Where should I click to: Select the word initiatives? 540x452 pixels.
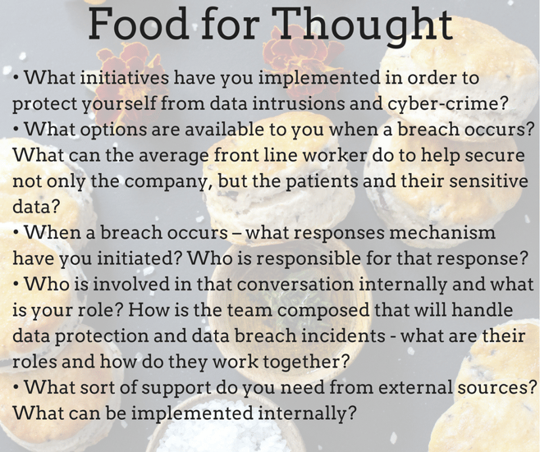(x=125, y=77)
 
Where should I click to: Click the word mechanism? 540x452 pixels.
(x=442, y=232)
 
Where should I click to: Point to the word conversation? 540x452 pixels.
(x=295, y=284)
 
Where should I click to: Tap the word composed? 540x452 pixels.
(x=323, y=310)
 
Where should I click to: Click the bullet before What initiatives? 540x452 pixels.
(x=16, y=78)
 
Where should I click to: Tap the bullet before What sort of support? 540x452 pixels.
(x=16, y=388)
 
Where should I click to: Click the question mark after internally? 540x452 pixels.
(x=350, y=413)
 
